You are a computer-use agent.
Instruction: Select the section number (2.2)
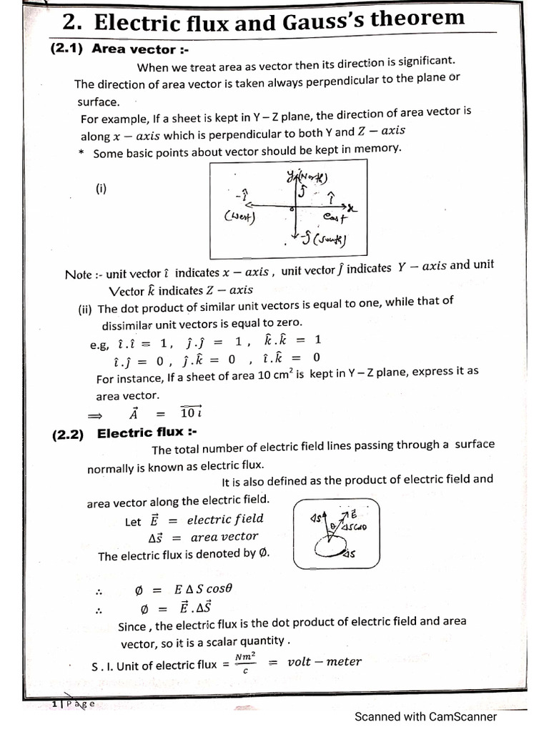pyautogui.click(x=67, y=434)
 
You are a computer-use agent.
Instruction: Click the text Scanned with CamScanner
pyautogui.click(x=425, y=716)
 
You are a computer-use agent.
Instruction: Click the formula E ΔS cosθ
pyautogui.click(x=204, y=590)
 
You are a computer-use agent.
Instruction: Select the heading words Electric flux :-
pyautogui.click(x=147, y=433)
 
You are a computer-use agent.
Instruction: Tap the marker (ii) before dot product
pyautogui.click(x=86, y=310)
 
